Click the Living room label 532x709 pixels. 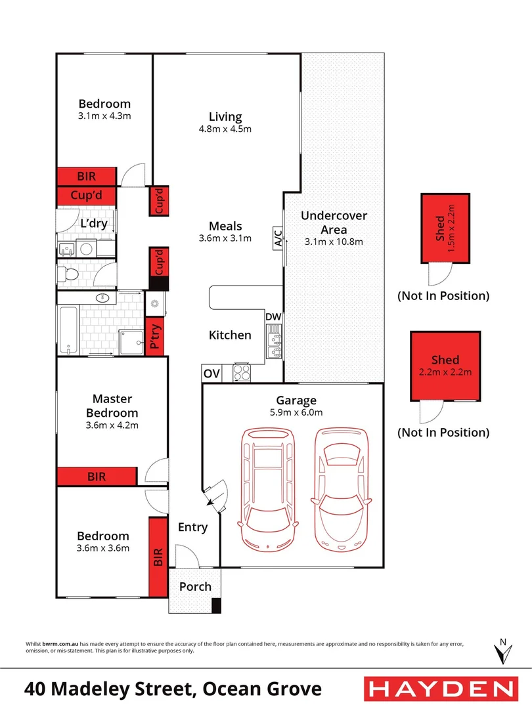225,117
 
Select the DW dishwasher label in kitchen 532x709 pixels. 273,317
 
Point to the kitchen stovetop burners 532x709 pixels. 240,373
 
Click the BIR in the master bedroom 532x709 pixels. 97,477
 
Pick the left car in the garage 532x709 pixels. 269,489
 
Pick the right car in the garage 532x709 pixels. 340,489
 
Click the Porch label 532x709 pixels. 195,586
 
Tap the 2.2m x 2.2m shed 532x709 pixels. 445,366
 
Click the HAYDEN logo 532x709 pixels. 439,689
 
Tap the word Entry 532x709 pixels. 192,527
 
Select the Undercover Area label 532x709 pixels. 334,223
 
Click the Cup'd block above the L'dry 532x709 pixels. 85,196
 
